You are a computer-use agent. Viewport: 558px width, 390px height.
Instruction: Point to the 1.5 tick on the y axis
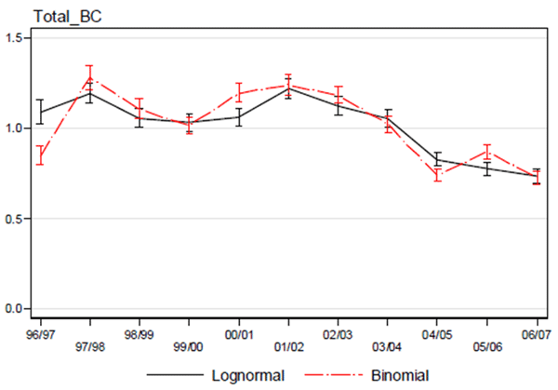[x=19, y=37]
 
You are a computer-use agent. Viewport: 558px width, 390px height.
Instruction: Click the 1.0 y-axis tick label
[x=19, y=128]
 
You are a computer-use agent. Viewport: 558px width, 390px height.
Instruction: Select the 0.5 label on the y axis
[x=19, y=219]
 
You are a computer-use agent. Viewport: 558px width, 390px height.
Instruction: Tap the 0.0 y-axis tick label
[x=19, y=309]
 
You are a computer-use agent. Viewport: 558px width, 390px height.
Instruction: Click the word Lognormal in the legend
[x=246, y=375]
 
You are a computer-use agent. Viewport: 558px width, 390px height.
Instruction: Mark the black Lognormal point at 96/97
[x=41, y=112]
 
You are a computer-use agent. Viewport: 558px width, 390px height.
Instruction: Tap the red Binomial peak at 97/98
[x=90, y=78]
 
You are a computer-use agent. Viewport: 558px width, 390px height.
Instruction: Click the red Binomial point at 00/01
[x=239, y=92]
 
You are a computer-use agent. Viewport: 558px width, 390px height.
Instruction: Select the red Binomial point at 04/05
[x=437, y=174]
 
